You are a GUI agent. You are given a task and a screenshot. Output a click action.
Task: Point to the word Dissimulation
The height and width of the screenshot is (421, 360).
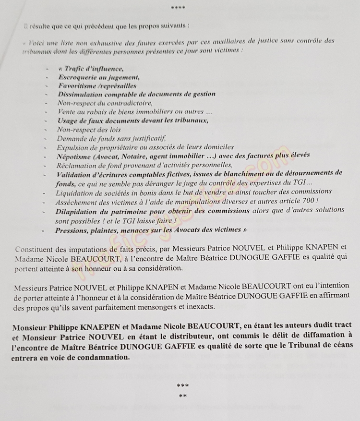81,94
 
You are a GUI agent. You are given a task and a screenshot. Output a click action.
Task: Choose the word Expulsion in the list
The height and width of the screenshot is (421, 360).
72,146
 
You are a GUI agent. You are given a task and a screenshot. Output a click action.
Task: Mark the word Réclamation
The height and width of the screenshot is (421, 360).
77,164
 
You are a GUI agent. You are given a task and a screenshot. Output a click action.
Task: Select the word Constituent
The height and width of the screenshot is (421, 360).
36,249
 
